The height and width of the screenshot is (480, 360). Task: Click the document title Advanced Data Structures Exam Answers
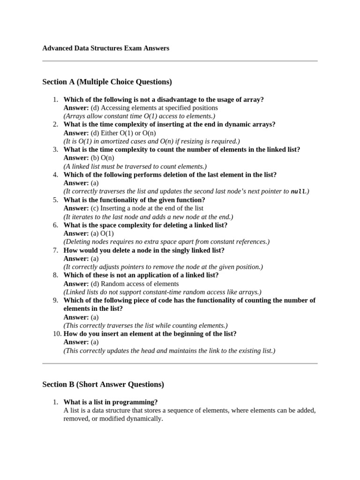[x=105, y=48]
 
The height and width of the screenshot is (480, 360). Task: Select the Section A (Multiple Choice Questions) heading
[x=107, y=82]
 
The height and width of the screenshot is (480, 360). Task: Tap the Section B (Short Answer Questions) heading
[x=103, y=384]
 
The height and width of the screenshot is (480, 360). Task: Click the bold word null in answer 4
[x=298, y=192]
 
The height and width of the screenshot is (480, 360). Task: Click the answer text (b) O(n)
[x=99, y=158]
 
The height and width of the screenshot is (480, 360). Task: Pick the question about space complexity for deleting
[x=145, y=225]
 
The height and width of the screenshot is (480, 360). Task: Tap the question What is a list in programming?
[x=111, y=402]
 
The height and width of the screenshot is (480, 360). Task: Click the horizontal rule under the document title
[x=180, y=61]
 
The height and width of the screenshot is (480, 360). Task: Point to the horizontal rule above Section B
[x=180, y=363]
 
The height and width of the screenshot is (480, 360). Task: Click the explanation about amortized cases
[x=151, y=141]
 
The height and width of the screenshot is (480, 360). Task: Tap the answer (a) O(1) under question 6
[x=102, y=233]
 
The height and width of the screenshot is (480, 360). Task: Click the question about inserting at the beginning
[x=150, y=334]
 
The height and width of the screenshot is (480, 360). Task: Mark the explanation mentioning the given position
[x=163, y=267]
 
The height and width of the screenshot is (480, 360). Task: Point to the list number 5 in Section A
[x=55, y=200]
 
